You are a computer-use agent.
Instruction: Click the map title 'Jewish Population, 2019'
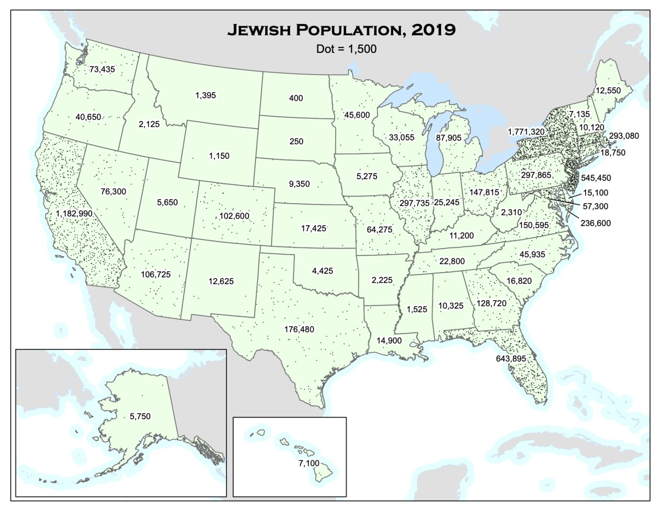pos(341,30)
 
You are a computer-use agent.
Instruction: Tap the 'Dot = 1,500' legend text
pos(346,49)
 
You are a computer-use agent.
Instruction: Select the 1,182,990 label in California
pos(74,214)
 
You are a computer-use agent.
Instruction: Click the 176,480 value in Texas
pos(299,329)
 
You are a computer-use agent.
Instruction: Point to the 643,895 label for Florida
pos(511,359)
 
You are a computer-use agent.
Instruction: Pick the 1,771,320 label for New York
pos(526,132)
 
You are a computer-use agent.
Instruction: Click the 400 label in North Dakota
pos(296,98)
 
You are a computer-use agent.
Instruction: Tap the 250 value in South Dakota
pos(296,141)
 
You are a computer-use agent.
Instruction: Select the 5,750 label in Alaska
pos(140,416)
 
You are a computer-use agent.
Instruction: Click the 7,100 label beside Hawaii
pos(309,463)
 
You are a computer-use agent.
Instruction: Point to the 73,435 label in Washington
pos(102,69)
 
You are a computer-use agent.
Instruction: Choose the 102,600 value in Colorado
pos(234,216)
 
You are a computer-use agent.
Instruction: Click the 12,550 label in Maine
pos(608,90)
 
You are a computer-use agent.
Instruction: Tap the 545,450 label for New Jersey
pos(596,178)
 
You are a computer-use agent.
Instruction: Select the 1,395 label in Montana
pos(206,96)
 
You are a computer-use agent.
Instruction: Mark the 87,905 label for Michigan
pos(448,138)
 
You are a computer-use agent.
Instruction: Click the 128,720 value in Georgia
pos(491,304)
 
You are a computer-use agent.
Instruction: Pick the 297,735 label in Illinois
pos(414,203)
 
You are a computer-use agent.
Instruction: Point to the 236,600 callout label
pos(595,223)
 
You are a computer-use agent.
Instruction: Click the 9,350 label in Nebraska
pos(299,184)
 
